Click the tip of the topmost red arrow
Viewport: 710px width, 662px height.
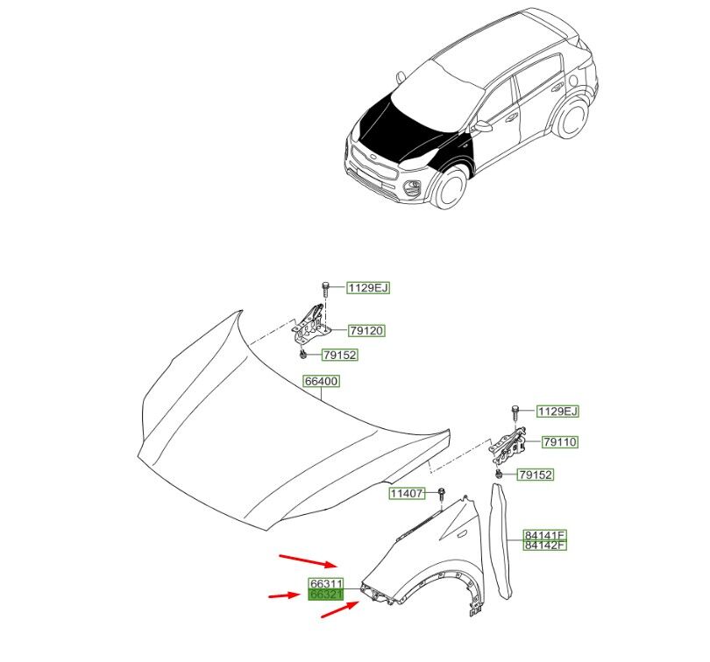click(337, 566)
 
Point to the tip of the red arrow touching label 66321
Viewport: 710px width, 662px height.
click(301, 595)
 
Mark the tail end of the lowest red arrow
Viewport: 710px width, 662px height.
click(321, 616)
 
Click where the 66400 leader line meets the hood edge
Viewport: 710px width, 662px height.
click(322, 399)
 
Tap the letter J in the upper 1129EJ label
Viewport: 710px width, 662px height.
click(385, 288)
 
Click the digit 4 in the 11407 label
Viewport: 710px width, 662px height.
click(407, 493)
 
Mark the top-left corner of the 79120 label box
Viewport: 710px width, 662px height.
click(348, 325)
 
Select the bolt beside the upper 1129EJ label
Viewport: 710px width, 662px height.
click(325, 288)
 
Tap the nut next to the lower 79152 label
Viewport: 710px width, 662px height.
click(498, 474)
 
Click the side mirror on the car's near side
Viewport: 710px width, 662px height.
click(483, 126)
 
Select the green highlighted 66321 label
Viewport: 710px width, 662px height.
click(325, 594)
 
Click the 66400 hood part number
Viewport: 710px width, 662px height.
click(321, 381)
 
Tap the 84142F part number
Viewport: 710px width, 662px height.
click(544, 546)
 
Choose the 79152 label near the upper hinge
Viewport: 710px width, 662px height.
click(339, 356)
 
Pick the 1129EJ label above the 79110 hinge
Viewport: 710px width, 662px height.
click(557, 412)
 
